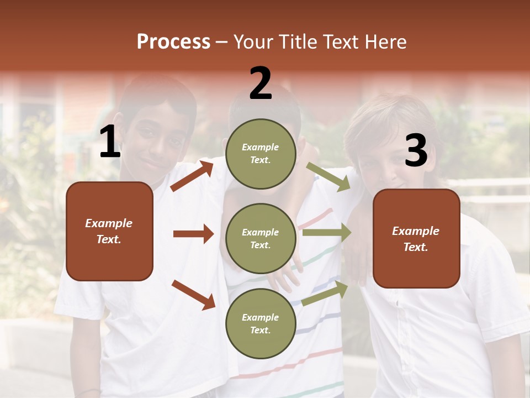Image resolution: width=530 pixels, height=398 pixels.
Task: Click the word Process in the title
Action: [173, 42]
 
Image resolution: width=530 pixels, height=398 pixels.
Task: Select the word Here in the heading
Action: [385, 42]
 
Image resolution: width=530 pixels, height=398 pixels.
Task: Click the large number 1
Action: [110, 143]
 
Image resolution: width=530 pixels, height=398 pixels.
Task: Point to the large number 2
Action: [261, 83]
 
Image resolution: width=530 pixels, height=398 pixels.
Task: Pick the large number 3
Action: [416, 151]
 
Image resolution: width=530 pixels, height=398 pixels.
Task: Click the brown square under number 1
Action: [109, 231]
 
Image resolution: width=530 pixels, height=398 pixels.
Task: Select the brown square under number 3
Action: [416, 238]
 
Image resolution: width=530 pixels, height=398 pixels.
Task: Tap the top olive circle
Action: [261, 154]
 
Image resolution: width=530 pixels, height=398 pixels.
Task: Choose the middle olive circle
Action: [261, 238]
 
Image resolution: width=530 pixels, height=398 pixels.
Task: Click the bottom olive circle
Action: [261, 323]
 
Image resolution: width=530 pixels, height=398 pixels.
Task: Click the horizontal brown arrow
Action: [193, 234]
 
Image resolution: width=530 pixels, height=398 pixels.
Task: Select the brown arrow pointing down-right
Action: [193, 294]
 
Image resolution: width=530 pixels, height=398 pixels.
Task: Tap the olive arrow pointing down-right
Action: [328, 177]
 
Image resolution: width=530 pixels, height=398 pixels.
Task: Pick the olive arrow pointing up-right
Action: [325, 294]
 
